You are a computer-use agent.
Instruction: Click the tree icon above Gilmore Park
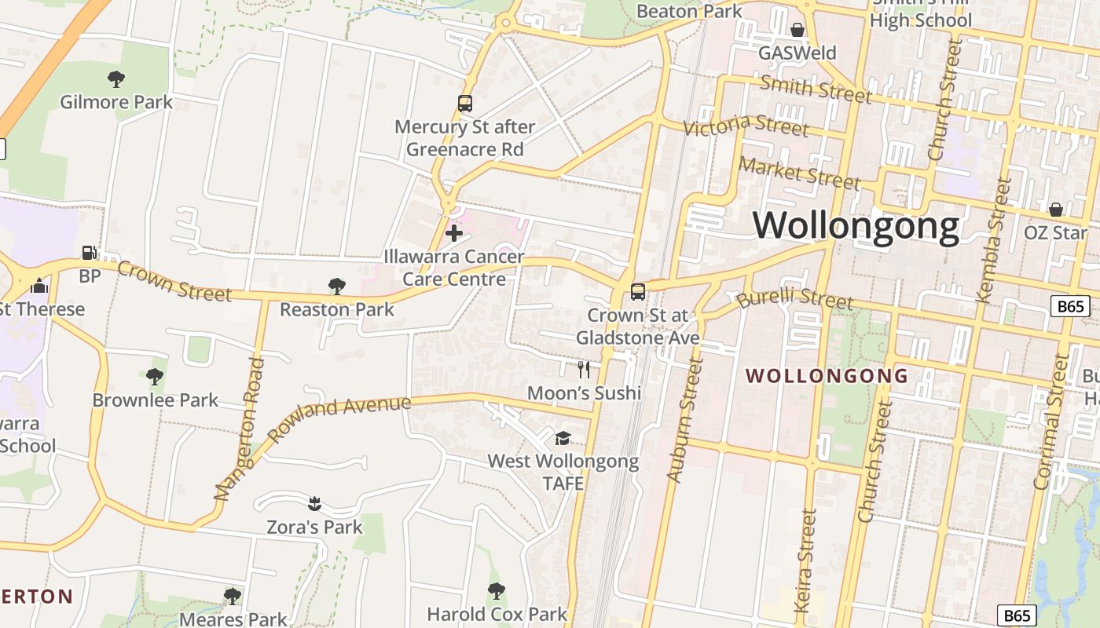point(116,78)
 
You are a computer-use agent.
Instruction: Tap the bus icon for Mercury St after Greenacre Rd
point(465,104)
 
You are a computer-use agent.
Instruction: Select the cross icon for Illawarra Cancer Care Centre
point(454,232)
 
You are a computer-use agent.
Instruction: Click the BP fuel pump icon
point(90,253)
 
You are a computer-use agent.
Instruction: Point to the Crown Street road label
point(174,281)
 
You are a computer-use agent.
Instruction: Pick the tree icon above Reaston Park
point(337,287)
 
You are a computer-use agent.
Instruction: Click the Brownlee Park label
point(156,400)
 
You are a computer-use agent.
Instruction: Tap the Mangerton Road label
point(237,429)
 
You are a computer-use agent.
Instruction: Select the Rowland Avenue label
point(339,418)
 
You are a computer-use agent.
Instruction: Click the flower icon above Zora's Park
point(314,502)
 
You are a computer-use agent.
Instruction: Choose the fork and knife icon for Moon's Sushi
point(584,369)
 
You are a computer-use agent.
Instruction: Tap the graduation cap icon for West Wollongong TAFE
point(563,438)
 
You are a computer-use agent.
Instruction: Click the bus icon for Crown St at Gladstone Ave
point(638,292)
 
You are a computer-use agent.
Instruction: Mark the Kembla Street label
point(993,239)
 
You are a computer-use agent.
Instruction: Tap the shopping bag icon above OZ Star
point(1055,210)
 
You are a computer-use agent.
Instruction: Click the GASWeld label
point(797,53)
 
